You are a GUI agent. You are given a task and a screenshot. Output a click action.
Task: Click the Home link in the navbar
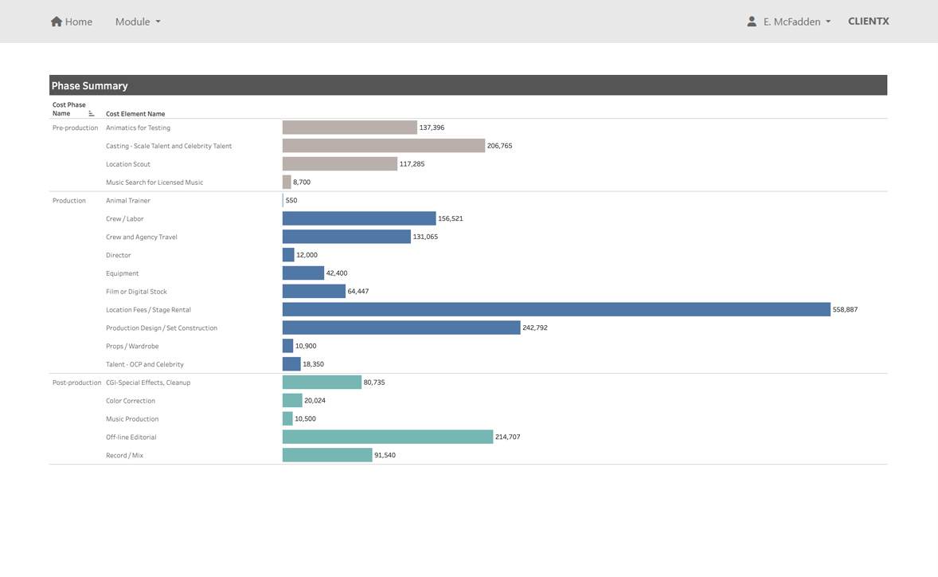tap(72, 22)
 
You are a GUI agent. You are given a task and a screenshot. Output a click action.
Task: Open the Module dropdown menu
tap(138, 22)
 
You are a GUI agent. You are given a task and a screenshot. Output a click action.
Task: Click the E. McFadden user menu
tap(788, 22)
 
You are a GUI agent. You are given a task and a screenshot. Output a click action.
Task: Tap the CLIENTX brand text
tap(868, 22)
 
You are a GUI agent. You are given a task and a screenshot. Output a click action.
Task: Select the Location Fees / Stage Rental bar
tap(556, 309)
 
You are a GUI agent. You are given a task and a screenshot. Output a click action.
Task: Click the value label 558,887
tap(845, 309)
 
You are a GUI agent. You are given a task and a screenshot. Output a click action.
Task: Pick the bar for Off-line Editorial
tap(388, 437)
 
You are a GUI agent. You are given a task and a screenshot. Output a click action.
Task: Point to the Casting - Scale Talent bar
tap(383, 146)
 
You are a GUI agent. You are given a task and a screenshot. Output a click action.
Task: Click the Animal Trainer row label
tap(128, 201)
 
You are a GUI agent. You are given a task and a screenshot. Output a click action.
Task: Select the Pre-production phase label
tap(75, 128)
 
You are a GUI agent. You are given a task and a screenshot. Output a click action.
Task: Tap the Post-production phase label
tap(76, 383)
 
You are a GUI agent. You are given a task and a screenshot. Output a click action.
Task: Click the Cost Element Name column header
tap(135, 114)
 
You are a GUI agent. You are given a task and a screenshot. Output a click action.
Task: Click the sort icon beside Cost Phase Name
tap(92, 113)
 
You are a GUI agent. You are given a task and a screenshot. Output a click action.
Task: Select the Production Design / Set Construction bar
tap(401, 328)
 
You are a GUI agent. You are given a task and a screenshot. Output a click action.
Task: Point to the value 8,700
tap(302, 183)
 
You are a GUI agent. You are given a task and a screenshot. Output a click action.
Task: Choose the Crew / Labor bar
tap(359, 218)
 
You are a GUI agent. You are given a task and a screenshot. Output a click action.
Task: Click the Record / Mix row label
tap(124, 455)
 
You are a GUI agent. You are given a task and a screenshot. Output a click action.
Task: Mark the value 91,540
tap(385, 455)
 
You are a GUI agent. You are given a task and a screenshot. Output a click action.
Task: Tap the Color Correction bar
tap(292, 401)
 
